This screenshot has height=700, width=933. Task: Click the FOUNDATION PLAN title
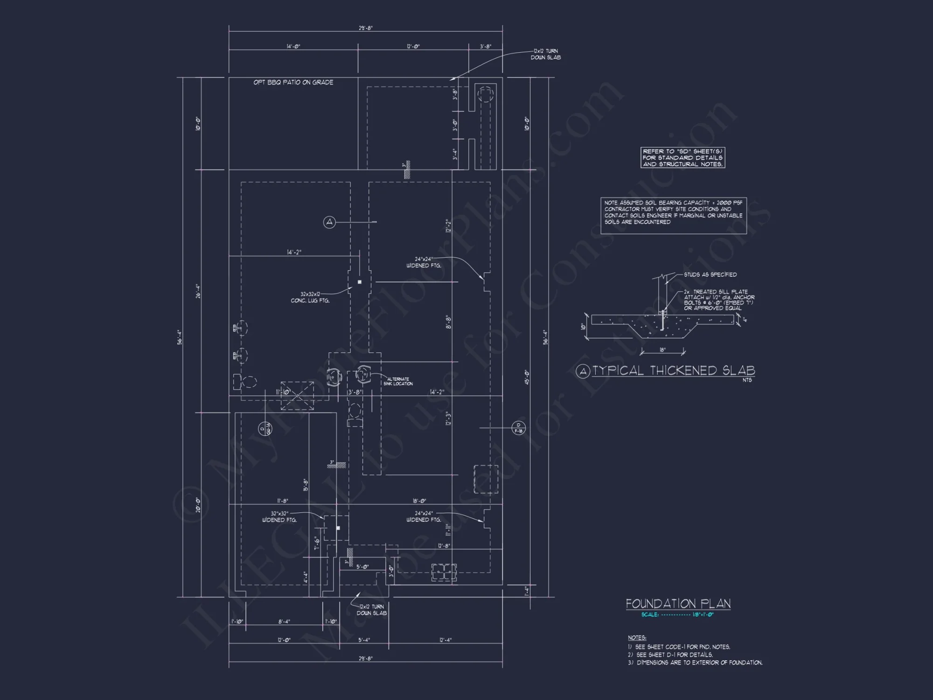(x=678, y=603)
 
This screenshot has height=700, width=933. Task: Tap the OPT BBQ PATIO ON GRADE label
(x=293, y=82)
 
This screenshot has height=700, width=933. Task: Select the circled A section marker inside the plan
(x=329, y=222)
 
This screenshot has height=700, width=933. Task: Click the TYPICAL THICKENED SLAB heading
(x=673, y=371)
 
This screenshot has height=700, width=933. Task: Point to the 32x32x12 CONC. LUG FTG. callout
(x=310, y=297)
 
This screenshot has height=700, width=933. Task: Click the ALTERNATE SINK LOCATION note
(x=398, y=381)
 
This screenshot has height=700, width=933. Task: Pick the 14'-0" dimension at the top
(x=293, y=46)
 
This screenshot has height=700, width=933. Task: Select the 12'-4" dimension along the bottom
(x=446, y=640)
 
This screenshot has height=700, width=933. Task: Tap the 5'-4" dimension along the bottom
(x=364, y=640)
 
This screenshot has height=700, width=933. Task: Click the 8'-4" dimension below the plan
(x=284, y=621)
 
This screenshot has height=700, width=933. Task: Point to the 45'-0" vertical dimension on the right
(x=527, y=377)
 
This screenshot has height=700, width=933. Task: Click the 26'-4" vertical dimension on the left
(x=198, y=291)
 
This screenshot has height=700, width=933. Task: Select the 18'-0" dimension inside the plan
(x=419, y=501)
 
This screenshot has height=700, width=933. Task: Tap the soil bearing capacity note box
(x=673, y=216)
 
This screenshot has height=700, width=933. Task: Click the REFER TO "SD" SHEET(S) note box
(x=682, y=158)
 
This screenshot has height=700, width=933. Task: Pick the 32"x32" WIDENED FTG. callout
(x=279, y=517)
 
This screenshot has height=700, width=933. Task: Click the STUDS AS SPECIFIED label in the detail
(x=710, y=274)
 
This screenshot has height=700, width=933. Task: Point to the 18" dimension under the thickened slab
(x=662, y=350)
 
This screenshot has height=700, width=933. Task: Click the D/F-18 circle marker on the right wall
(x=518, y=427)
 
